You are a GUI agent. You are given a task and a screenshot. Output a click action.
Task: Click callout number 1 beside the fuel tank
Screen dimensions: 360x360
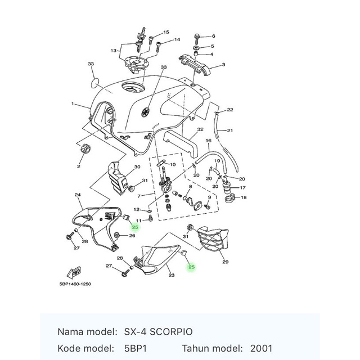[x=73, y=104]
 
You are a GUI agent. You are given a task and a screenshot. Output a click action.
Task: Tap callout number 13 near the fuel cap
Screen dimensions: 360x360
[x=114, y=51]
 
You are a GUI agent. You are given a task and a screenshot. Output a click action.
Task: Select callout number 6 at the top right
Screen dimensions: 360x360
[x=213, y=36]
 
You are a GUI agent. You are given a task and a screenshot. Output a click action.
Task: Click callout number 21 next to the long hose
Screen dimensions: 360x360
[x=230, y=130]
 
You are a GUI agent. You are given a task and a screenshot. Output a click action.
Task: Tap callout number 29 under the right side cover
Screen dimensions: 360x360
[x=225, y=262]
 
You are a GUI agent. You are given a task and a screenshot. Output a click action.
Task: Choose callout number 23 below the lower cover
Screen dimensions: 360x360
[x=172, y=275]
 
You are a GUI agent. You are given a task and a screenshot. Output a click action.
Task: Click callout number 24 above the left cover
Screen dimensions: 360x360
[x=78, y=195]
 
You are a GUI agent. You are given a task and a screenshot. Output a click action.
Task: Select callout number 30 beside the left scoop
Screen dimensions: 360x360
[x=137, y=168]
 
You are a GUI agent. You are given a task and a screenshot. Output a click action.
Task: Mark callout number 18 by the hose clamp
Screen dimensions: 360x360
[x=243, y=197]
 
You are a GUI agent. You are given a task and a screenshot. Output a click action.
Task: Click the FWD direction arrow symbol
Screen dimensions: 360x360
[x=74, y=272]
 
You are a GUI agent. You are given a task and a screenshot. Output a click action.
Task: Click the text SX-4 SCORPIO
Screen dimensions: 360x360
[x=152, y=332]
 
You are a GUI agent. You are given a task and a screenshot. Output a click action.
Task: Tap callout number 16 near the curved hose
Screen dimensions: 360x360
[x=208, y=140]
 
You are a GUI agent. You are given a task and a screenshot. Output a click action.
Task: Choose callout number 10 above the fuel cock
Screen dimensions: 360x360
[x=172, y=165]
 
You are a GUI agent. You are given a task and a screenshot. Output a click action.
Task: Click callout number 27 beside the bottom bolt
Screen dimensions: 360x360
[x=109, y=265]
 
